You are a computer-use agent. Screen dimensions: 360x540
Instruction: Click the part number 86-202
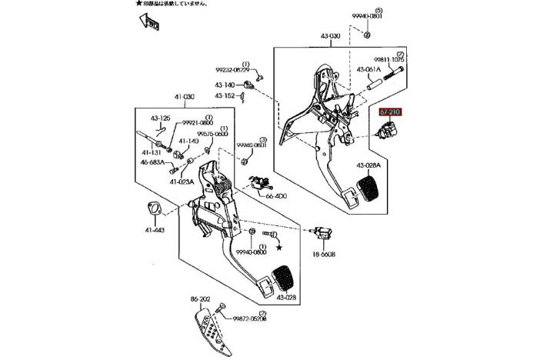click(x=199, y=298)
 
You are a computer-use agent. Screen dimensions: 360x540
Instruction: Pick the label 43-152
click(x=225, y=95)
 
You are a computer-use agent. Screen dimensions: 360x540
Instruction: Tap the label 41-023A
click(x=182, y=182)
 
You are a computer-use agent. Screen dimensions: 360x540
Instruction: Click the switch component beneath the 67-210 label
click(x=384, y=137)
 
